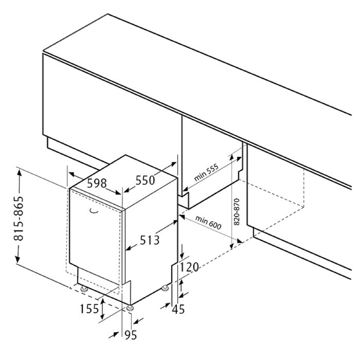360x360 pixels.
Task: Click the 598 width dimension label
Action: pos(97,183)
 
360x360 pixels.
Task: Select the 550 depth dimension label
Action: pos(146,180)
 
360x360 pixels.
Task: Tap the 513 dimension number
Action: pos(150,240)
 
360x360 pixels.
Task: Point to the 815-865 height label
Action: pos(19,218)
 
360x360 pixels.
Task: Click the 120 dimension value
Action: pos(189,267)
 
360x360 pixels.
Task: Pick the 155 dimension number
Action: pos(89,309)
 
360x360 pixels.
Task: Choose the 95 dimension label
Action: pos(131,335)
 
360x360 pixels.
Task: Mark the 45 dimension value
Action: pos(178,309)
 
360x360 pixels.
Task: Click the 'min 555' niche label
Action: pos(206,172)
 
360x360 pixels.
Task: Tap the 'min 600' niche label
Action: pos(208,222)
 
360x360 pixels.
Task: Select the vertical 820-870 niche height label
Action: pos(237,212)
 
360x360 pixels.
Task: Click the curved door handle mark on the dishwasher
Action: pos(94,211)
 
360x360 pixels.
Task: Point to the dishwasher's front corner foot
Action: pos(130,308)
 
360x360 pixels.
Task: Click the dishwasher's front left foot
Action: pos(83,289)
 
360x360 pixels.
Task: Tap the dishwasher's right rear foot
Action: pos(165,288)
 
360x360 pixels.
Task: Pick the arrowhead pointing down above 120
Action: pos(182,255)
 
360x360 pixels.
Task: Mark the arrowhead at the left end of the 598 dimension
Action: pos(73,175)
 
